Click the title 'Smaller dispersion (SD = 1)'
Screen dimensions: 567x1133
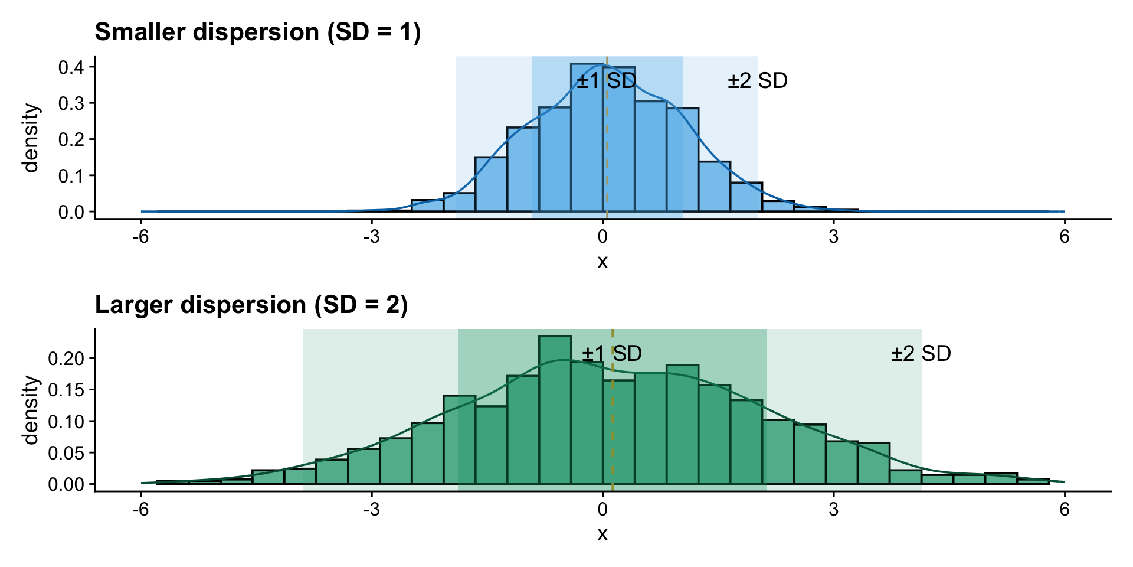258,32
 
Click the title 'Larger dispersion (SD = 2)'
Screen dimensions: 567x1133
251,305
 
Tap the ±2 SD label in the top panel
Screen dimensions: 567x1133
758,81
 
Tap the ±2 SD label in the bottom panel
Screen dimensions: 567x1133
921,354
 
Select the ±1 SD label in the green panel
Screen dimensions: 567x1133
612,354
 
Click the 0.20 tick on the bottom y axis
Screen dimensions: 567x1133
66,358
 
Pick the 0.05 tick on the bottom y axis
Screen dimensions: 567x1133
66,453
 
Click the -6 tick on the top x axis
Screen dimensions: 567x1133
140,237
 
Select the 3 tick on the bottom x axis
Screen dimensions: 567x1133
833,510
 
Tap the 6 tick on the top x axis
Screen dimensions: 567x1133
1065,237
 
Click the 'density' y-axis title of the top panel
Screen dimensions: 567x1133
31,138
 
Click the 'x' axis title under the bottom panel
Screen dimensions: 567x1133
602,534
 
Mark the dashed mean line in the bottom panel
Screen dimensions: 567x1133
613,425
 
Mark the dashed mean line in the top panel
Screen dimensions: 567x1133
607,148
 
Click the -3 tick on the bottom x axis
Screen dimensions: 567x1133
371,510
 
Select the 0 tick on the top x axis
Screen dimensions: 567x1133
602,237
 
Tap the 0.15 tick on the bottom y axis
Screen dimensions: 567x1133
66,390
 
